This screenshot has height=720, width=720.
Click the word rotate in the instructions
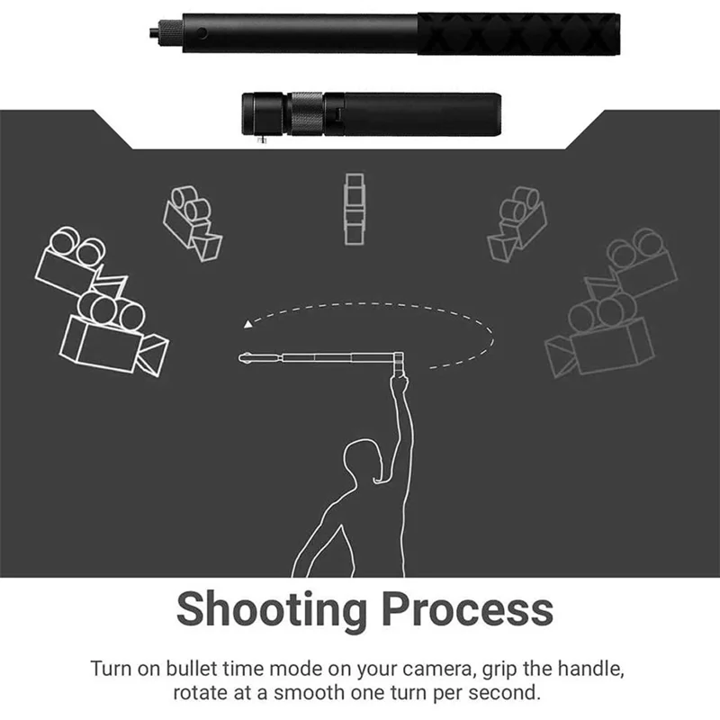[x=202, y=694]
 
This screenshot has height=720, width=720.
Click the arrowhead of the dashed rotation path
[x=247, y=323]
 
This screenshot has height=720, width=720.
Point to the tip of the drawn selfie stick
[x=244, y=358]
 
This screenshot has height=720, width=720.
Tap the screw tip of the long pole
[x=153, y=33]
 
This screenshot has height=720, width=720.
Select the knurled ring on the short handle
[x=306, y=112]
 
